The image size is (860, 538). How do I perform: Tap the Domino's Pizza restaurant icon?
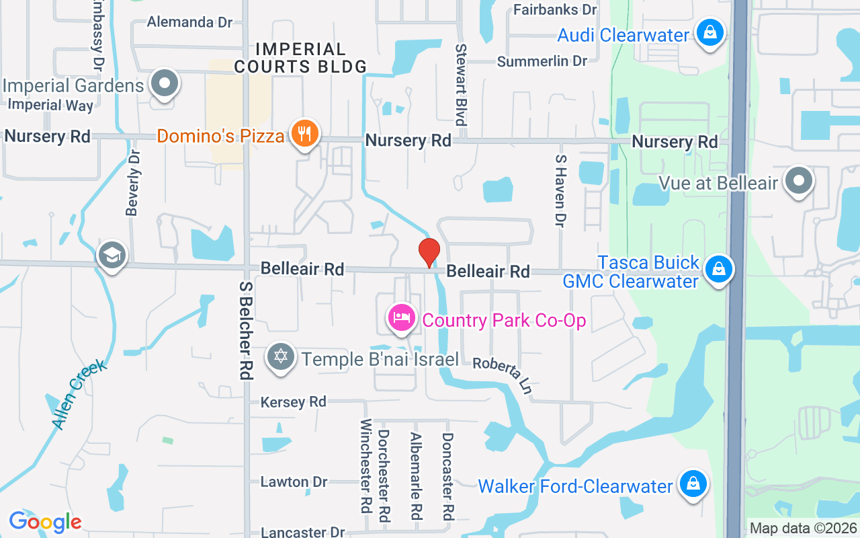tap(305, 134)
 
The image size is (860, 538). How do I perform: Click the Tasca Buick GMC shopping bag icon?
tap(719, 270)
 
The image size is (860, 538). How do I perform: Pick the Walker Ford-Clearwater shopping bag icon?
tap(693, 484)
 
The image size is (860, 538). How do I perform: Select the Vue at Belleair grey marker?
tap(799, 182)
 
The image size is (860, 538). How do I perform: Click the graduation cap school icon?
tap(112, 256)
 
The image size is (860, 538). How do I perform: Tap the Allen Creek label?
tap(79, 394)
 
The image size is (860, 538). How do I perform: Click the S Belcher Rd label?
tap(245, 330)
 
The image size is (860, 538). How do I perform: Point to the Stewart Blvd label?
tap(461, 85)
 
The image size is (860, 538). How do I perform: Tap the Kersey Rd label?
tap(294, 402)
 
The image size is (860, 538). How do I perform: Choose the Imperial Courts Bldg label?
tap(300, 58)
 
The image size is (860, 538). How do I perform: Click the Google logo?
tap(45, 521)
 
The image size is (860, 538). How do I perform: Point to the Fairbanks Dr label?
tap(555, 9)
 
